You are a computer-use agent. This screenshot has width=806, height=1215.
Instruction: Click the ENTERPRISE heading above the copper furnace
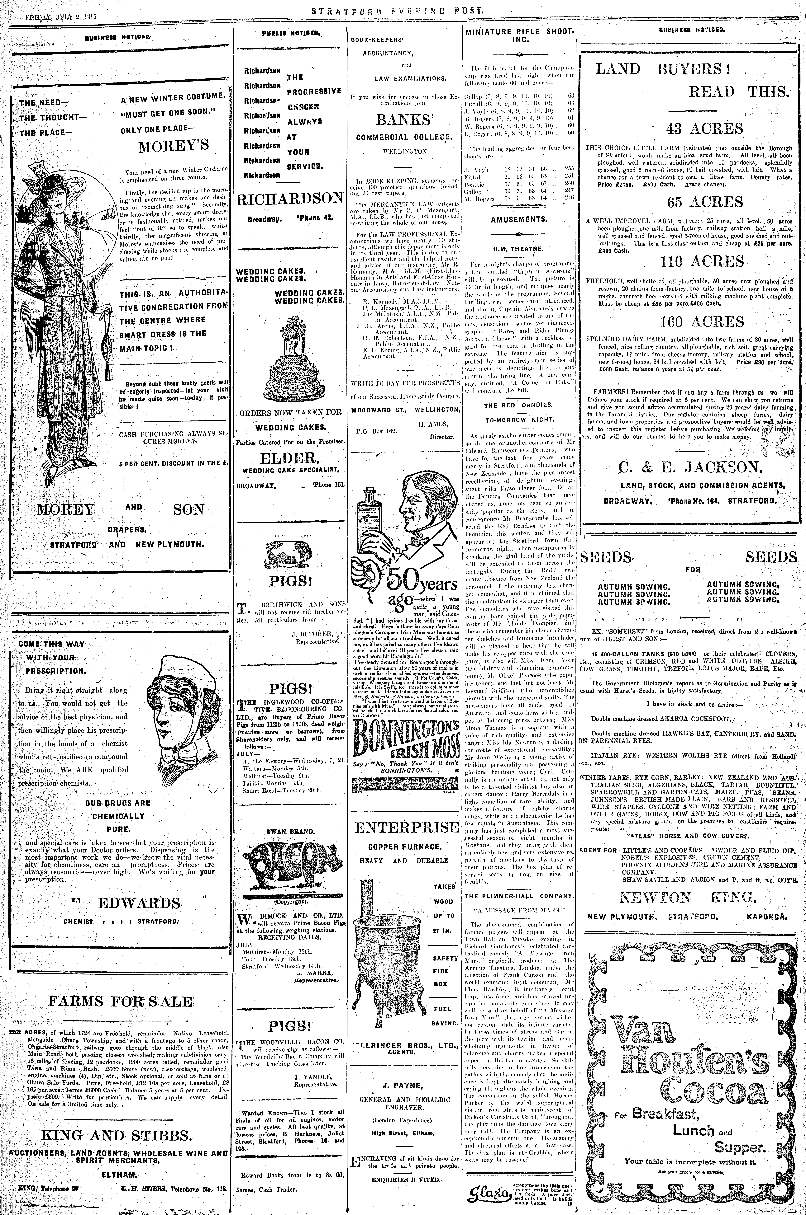(x=406, y=827)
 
